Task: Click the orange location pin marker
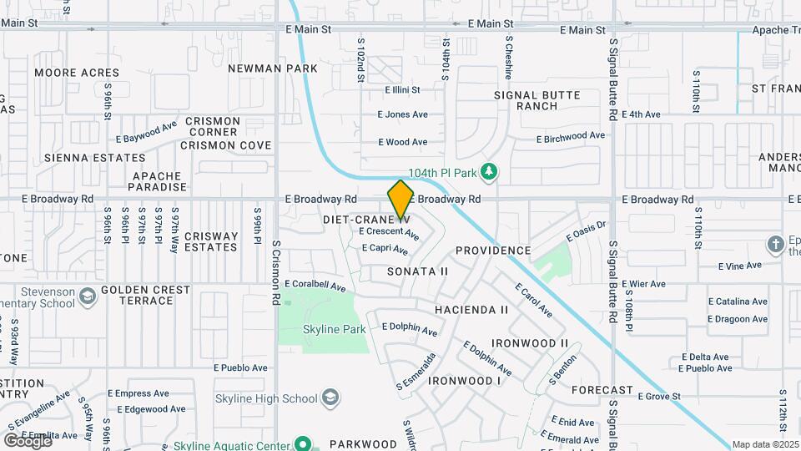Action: [x=400, y=200]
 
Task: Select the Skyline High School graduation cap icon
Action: [x=331, y=396]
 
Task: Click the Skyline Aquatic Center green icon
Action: [x=303, y=444]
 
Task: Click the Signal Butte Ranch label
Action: [x=537, y=100]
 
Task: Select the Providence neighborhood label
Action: [x=493, y=251]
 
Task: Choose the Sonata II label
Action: [x=418, y=271]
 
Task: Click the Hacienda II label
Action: [x=471, y=310]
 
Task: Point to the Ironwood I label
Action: [x=465, y=381]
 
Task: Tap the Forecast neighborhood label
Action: [x=602, y=390]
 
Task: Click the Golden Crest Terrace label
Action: [x=145, y=295]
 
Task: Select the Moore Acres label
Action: [x=77, y=73]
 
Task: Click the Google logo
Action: [x=28, y=440]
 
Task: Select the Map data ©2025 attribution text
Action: [x=765, y=444]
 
